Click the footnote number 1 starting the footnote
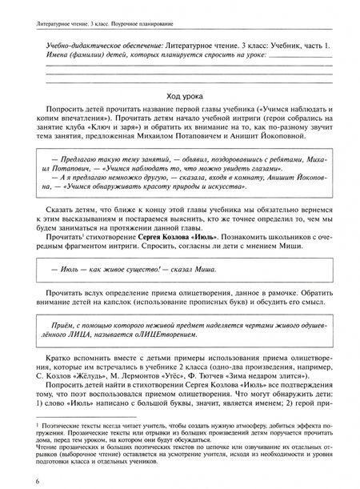click(x=26, y=419)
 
